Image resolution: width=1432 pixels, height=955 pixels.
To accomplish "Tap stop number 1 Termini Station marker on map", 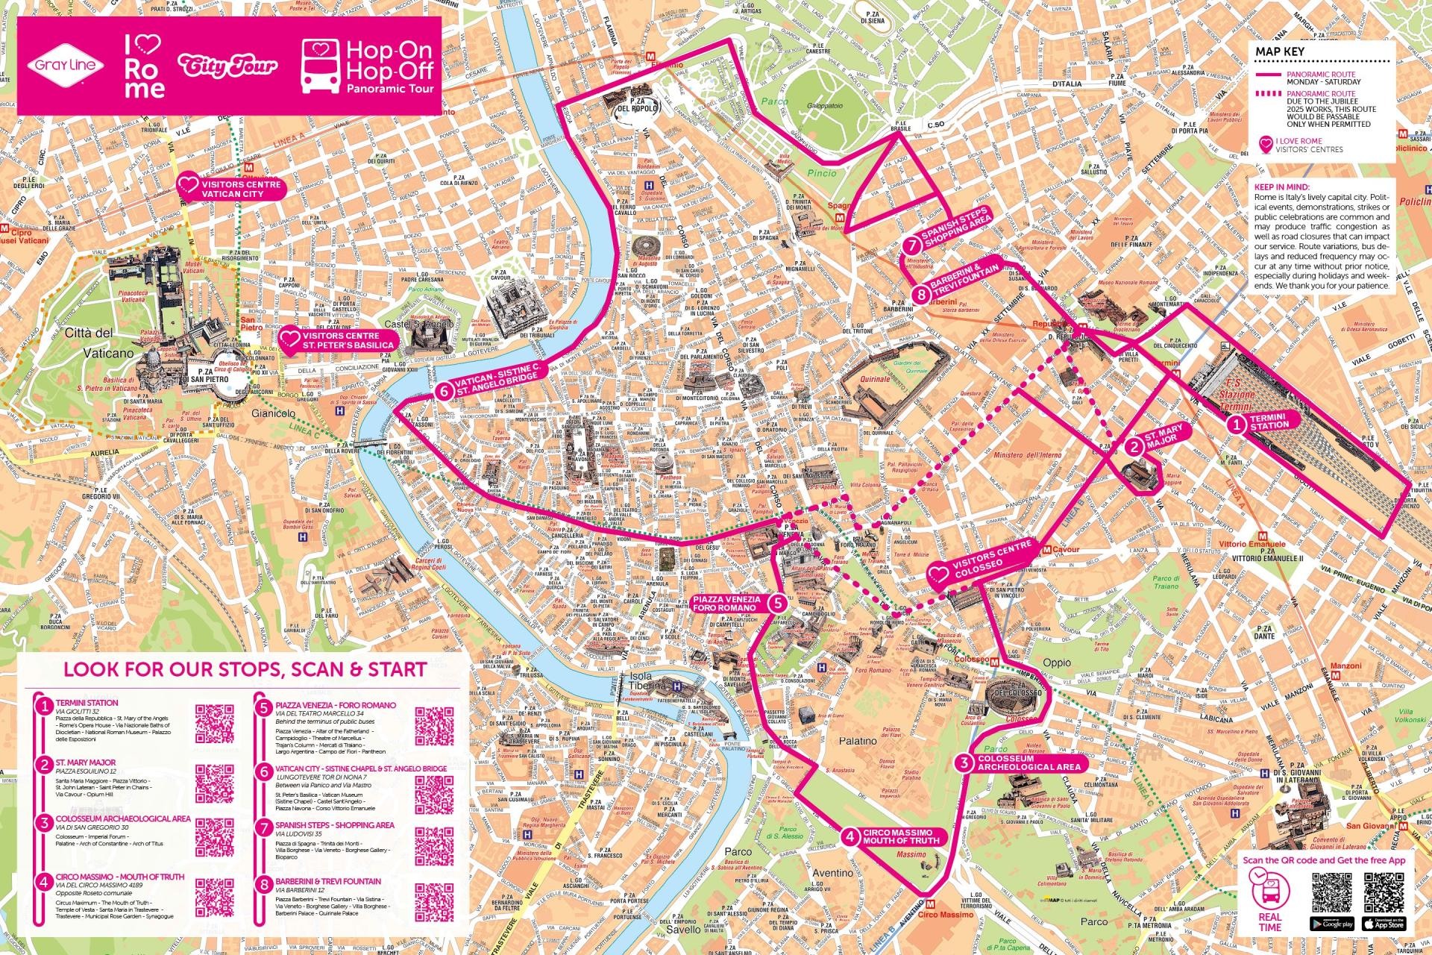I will click(x=1236, y=425).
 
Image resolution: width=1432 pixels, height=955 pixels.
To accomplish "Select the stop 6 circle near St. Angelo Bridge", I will click(x=445, y=390).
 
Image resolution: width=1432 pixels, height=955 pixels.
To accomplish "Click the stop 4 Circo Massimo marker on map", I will click(x=851, y=836).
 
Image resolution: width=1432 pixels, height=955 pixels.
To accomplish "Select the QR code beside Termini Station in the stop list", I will click(x=214, y=724).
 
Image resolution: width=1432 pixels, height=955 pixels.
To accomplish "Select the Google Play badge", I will click(x=1329, y=924).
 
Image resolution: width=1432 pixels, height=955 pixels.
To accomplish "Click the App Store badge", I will click(x=1383, y=924).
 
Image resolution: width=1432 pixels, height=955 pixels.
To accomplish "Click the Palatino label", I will click(x=855, y=741).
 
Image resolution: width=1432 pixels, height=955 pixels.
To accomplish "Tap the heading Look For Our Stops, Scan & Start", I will click(x=245, y=668).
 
